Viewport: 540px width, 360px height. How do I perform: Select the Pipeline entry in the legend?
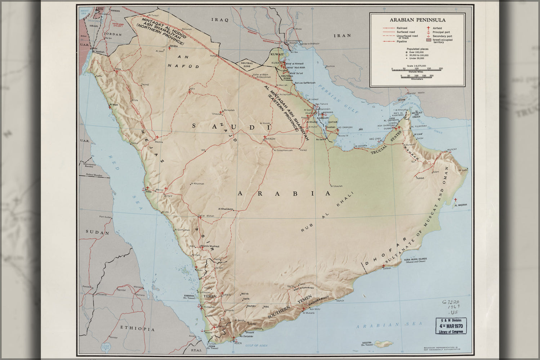402,41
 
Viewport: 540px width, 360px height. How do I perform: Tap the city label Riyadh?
270,139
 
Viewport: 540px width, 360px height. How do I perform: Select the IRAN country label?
342,36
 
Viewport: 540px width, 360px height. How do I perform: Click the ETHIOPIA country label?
137,329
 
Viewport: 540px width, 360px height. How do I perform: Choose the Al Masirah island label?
460,205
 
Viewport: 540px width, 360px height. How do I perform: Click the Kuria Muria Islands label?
417,260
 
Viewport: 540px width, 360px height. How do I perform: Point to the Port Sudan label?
106,217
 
